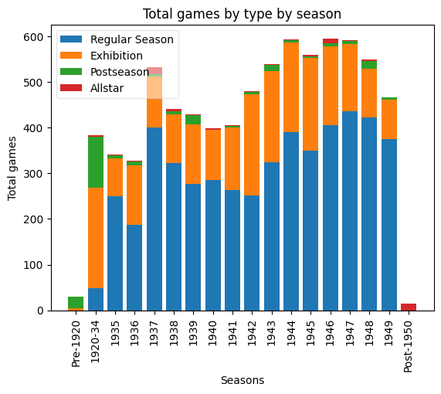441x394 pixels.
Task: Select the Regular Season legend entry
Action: [132, 39]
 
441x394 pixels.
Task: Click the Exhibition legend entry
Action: [116, 56]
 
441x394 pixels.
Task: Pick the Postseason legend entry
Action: [120, 72]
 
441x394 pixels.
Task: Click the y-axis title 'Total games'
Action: [13, 168]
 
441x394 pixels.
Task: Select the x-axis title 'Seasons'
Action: [243, 380]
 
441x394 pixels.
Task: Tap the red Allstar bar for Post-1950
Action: [409, 307]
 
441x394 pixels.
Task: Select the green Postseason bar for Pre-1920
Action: [76, 302]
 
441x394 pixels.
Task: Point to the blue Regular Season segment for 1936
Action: [135, 267]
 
